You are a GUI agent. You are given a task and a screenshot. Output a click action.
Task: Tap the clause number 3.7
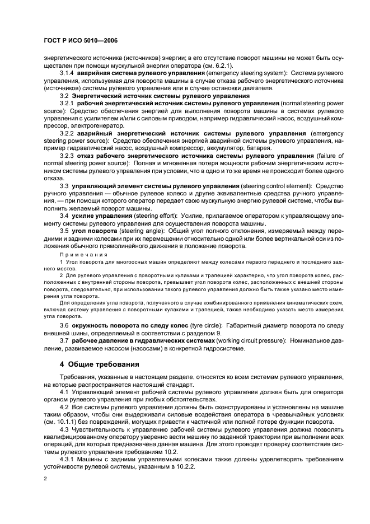coord(65,339)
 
